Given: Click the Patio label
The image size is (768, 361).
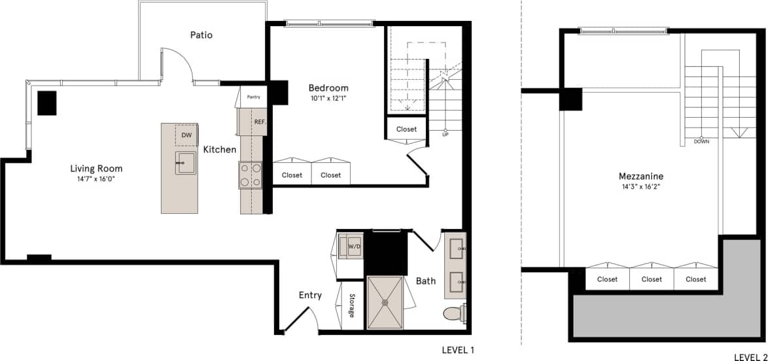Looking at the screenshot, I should tap(201, 35).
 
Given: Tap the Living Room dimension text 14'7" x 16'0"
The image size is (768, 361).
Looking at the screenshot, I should tap(96, 179).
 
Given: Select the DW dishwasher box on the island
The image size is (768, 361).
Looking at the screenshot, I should tap(186, 135).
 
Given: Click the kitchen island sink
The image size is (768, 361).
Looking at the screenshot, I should tap(185, 162).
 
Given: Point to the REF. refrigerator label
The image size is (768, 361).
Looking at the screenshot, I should tap(260, 122).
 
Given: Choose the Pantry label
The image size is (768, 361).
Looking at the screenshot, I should tap(254, 97).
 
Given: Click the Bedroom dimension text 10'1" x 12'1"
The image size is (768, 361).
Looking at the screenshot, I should tap(328, 99).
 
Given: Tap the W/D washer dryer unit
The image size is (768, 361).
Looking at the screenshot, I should tap(354, 247).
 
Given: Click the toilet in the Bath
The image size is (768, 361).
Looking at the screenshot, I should tap(453, 315).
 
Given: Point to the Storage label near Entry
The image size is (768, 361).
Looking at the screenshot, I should tap(351, 306).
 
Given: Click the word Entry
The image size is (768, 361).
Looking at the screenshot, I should tap(310, 295).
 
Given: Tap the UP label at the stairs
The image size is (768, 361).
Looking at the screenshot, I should tap(445, 134).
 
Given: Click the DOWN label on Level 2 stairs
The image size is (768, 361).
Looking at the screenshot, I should tap(701, 141).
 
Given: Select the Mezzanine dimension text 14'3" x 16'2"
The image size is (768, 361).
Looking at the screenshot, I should tap(641, 186).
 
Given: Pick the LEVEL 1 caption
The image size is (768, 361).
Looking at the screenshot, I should tap(458, 350).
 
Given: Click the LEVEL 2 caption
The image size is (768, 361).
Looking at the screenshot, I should tap(750, 357).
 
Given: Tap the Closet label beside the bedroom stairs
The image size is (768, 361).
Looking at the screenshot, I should tap(406, 129).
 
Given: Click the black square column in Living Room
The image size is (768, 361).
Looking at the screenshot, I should tap(46, 103).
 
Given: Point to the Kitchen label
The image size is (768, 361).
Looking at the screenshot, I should tap(220, 150).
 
